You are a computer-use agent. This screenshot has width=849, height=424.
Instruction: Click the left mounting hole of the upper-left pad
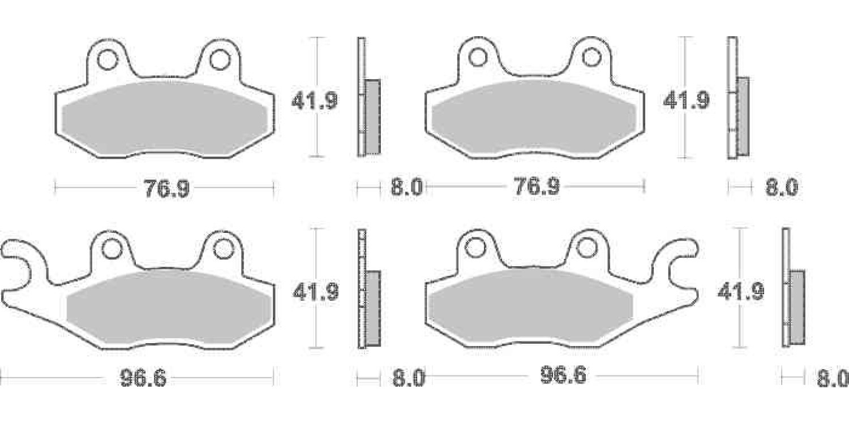(x=108, y=60)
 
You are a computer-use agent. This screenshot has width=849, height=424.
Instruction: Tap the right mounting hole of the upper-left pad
(x=220, y=60)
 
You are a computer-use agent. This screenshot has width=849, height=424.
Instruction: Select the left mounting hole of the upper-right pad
(x=478, y=58)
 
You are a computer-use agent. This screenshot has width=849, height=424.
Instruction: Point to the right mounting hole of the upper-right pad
(x=591, y=58)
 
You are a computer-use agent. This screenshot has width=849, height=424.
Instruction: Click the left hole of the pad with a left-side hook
(x=112, y=249)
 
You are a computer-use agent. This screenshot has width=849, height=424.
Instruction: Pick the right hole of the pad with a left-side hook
(x=224, y=249)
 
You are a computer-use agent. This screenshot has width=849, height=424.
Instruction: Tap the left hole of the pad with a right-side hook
(x=475, y=248)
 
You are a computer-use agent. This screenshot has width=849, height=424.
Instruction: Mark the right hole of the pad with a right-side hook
(x=586, y=248)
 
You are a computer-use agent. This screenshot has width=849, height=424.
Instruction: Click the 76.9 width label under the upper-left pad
(x=167, y=188)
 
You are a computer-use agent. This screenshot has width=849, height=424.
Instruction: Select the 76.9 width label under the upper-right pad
(x=537, y=187)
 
